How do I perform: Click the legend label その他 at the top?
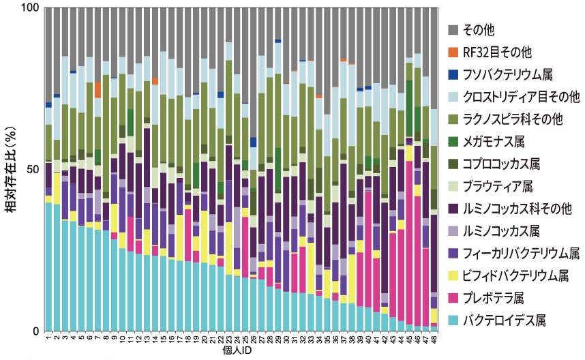477,29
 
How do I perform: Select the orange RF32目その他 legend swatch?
451,52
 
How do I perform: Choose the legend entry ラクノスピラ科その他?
513,119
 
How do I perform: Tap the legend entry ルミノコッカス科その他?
513,208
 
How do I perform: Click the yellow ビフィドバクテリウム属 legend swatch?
451,275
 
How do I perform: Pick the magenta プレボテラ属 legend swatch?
451,297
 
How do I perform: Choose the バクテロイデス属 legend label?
505,319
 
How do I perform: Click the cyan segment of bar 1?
48,267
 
